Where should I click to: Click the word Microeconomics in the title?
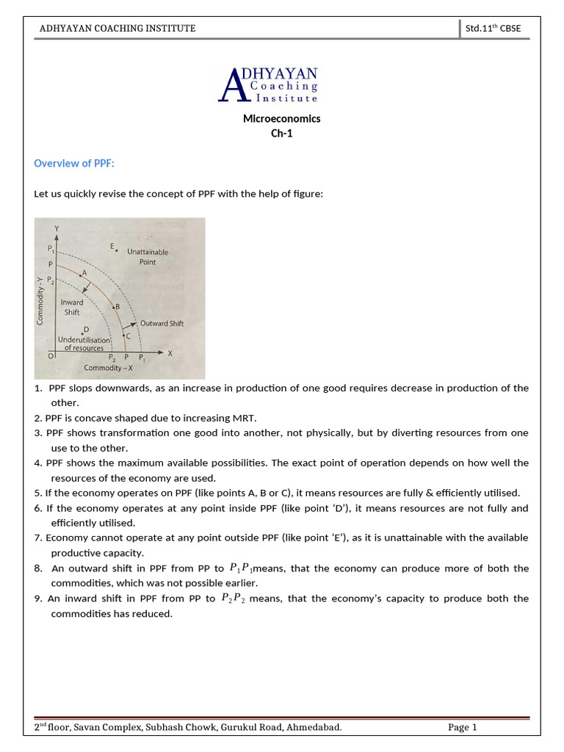point(281,118)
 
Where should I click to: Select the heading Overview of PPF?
point(74,163)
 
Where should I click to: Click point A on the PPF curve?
point(82,274)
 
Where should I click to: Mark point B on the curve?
point(113,307)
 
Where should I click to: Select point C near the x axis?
point(123,335)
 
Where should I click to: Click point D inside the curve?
point(83,333)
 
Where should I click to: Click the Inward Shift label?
point(72,307)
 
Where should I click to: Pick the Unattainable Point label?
point(148,256)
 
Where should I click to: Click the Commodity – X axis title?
point(109,368)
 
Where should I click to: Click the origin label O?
point(51,355)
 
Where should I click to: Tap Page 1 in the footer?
point(463,728)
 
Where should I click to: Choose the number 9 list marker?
point(37,599)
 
